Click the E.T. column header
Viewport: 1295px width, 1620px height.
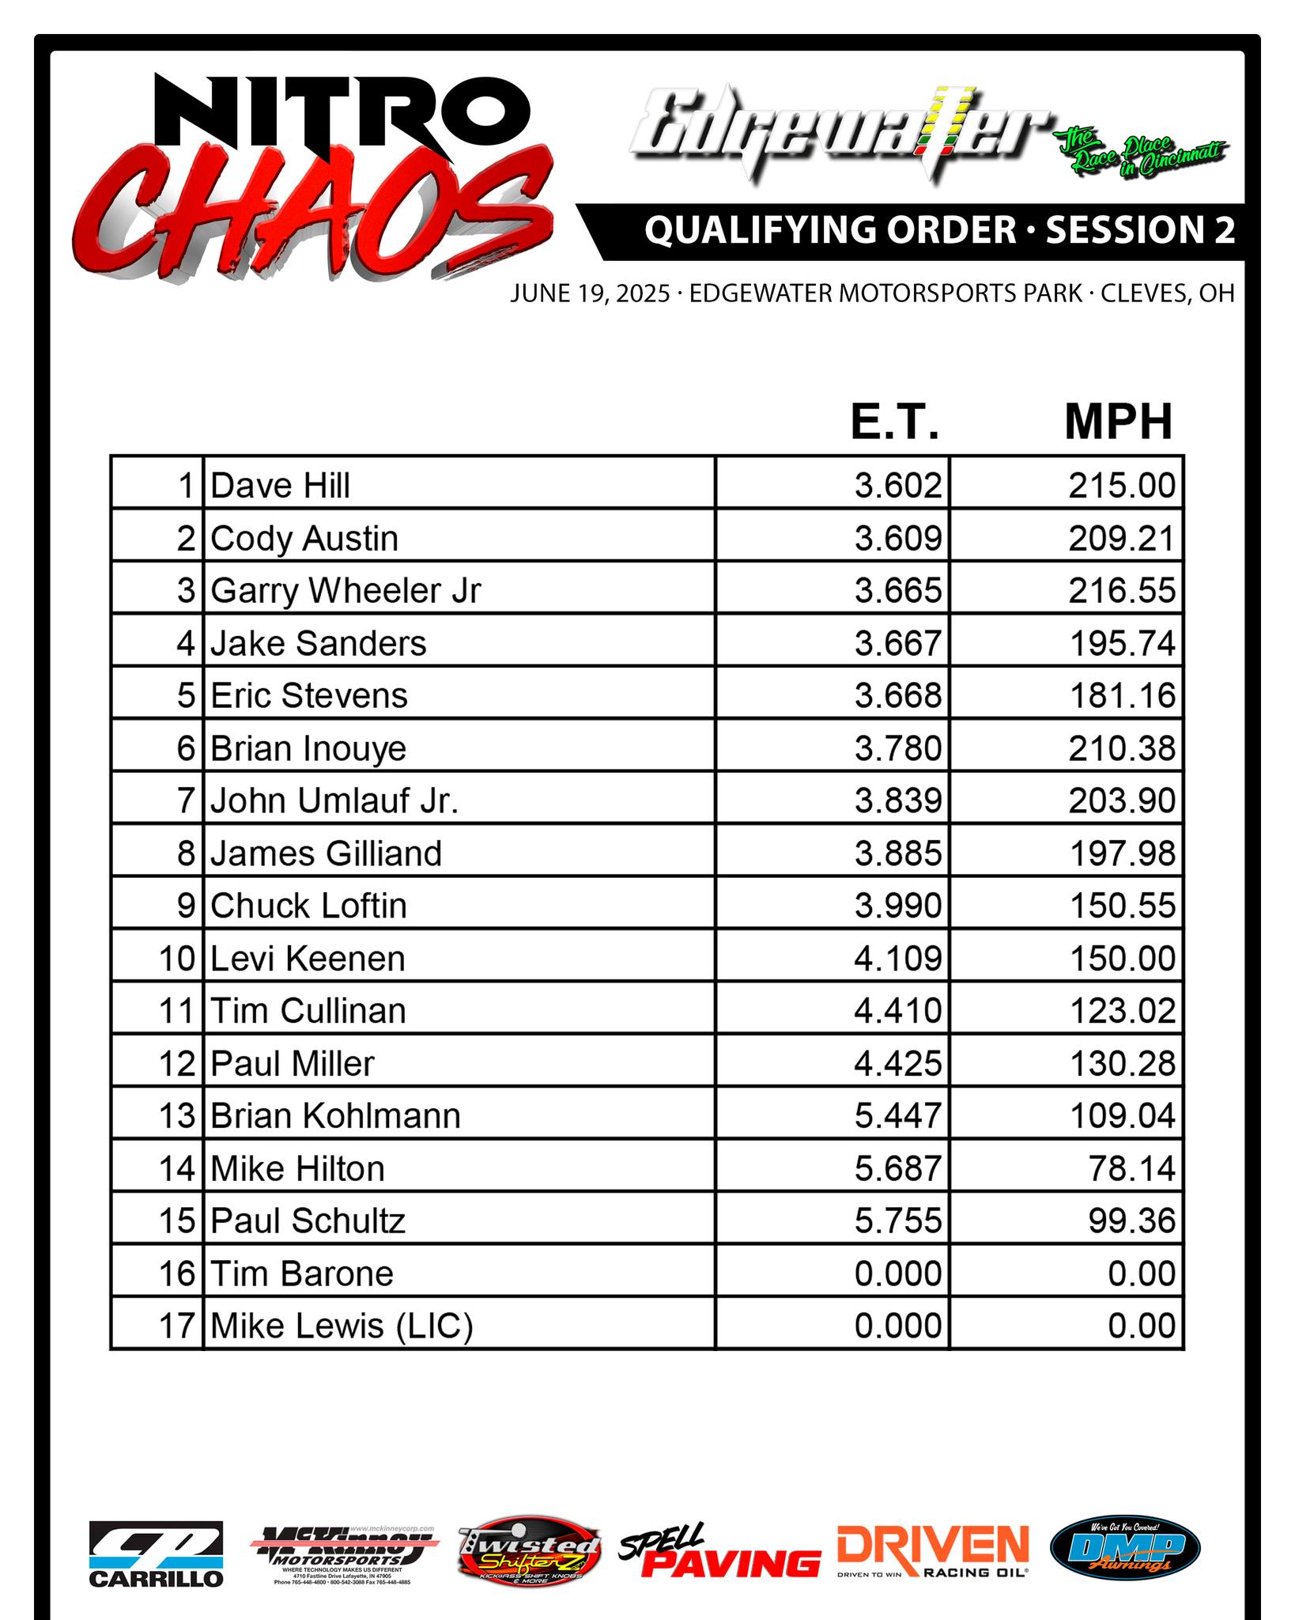895,422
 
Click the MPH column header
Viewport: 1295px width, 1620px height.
1118,422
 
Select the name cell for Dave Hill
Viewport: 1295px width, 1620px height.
281,486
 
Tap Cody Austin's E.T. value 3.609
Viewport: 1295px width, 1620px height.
898,539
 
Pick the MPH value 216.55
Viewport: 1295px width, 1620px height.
1122,591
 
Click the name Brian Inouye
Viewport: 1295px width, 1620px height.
308,748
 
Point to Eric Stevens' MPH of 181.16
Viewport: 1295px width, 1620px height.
1123,696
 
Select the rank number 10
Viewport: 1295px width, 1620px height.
177,959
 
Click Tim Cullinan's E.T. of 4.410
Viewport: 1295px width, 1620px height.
898,1011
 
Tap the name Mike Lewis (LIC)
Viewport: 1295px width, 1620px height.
342,1327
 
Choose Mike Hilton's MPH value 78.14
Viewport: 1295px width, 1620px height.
1132,1168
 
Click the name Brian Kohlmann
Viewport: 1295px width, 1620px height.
335,1116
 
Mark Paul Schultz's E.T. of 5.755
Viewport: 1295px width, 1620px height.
898,1221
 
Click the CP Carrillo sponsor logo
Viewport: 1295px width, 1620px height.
156,1554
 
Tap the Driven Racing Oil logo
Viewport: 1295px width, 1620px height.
933,1552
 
